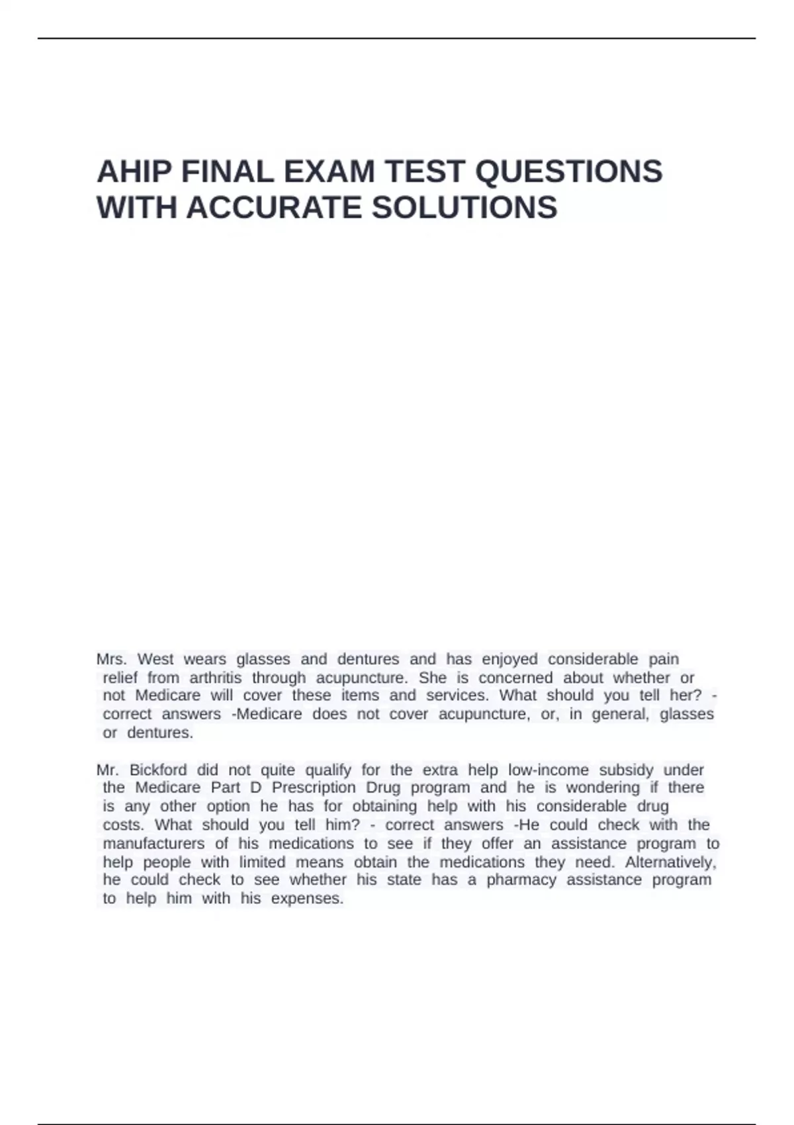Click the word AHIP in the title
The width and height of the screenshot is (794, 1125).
(x=134, y=172)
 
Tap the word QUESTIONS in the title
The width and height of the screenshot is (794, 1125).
(x=569, y=172)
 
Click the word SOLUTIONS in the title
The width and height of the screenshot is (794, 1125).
(x=464, y=208)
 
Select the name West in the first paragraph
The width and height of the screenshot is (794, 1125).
(x=155, y=659)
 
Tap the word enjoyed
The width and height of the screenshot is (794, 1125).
(x=509, y=659)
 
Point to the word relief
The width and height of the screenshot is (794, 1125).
(x=120, y=678)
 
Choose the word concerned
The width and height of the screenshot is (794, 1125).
(x=515, y=678)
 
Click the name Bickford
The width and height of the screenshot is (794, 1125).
(x=158, y=770)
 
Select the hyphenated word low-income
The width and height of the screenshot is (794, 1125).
(x=548, y=770)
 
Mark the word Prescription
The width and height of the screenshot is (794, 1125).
(x=314, y=787)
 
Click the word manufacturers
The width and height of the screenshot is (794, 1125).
(x=154, y=844)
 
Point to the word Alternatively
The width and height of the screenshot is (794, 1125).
(x=670, y=862)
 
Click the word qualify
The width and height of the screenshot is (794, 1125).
(x=328, y=770)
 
